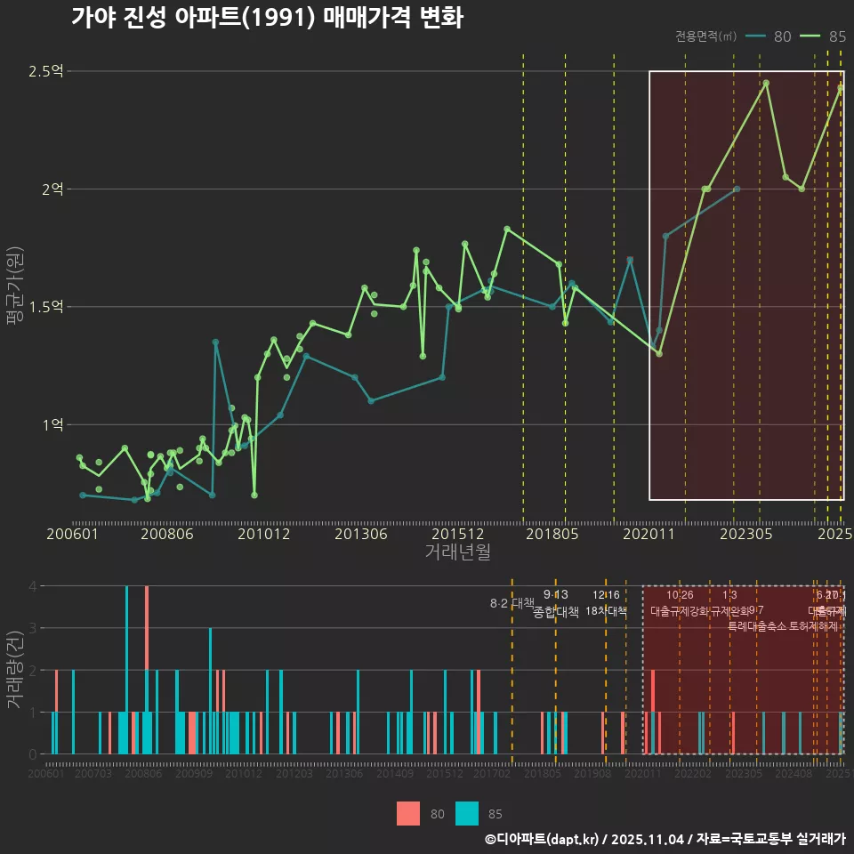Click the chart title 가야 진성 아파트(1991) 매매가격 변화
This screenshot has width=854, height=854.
266,18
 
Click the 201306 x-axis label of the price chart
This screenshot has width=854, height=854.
360,534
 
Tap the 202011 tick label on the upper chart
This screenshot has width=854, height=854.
649,534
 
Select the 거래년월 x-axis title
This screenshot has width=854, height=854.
457,552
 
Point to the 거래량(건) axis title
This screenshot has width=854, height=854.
14,669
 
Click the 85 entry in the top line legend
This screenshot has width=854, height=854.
825,36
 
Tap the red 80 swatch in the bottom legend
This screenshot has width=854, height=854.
408,813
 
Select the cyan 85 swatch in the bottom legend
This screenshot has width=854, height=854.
466,813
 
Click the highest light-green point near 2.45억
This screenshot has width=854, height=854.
766,83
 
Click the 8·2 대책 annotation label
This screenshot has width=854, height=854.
512,603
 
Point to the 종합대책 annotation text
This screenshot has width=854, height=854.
556,612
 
